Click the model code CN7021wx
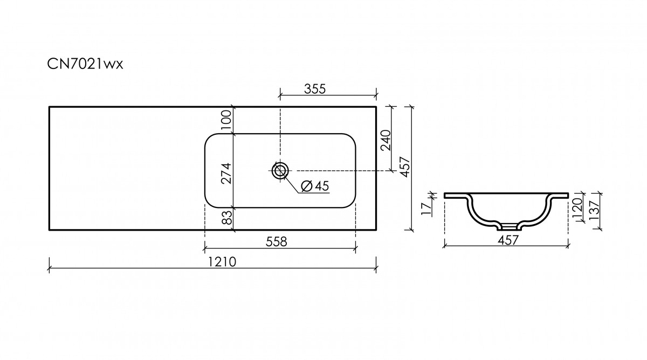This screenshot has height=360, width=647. [85, 64]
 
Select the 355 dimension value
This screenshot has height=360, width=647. [315, 89]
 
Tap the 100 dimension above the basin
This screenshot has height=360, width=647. [227, 120]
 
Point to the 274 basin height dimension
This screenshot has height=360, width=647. [226, 174]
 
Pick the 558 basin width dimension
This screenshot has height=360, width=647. [277, 242]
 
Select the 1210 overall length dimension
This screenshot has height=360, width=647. [222, 262]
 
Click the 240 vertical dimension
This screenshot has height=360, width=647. [386, 140]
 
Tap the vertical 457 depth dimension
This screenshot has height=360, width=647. [405, 167]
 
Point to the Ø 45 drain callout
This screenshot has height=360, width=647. [315, 186]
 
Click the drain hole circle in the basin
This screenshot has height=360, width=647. [280, 171]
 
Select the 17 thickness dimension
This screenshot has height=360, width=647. [426, 209]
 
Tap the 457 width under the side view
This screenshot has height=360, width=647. [508, 240]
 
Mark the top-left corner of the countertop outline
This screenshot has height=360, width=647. [49, 107]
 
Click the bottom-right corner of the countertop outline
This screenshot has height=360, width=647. [376, 230]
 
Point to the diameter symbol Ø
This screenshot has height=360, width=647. [306, 186]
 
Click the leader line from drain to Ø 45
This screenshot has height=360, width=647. [292, 184]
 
